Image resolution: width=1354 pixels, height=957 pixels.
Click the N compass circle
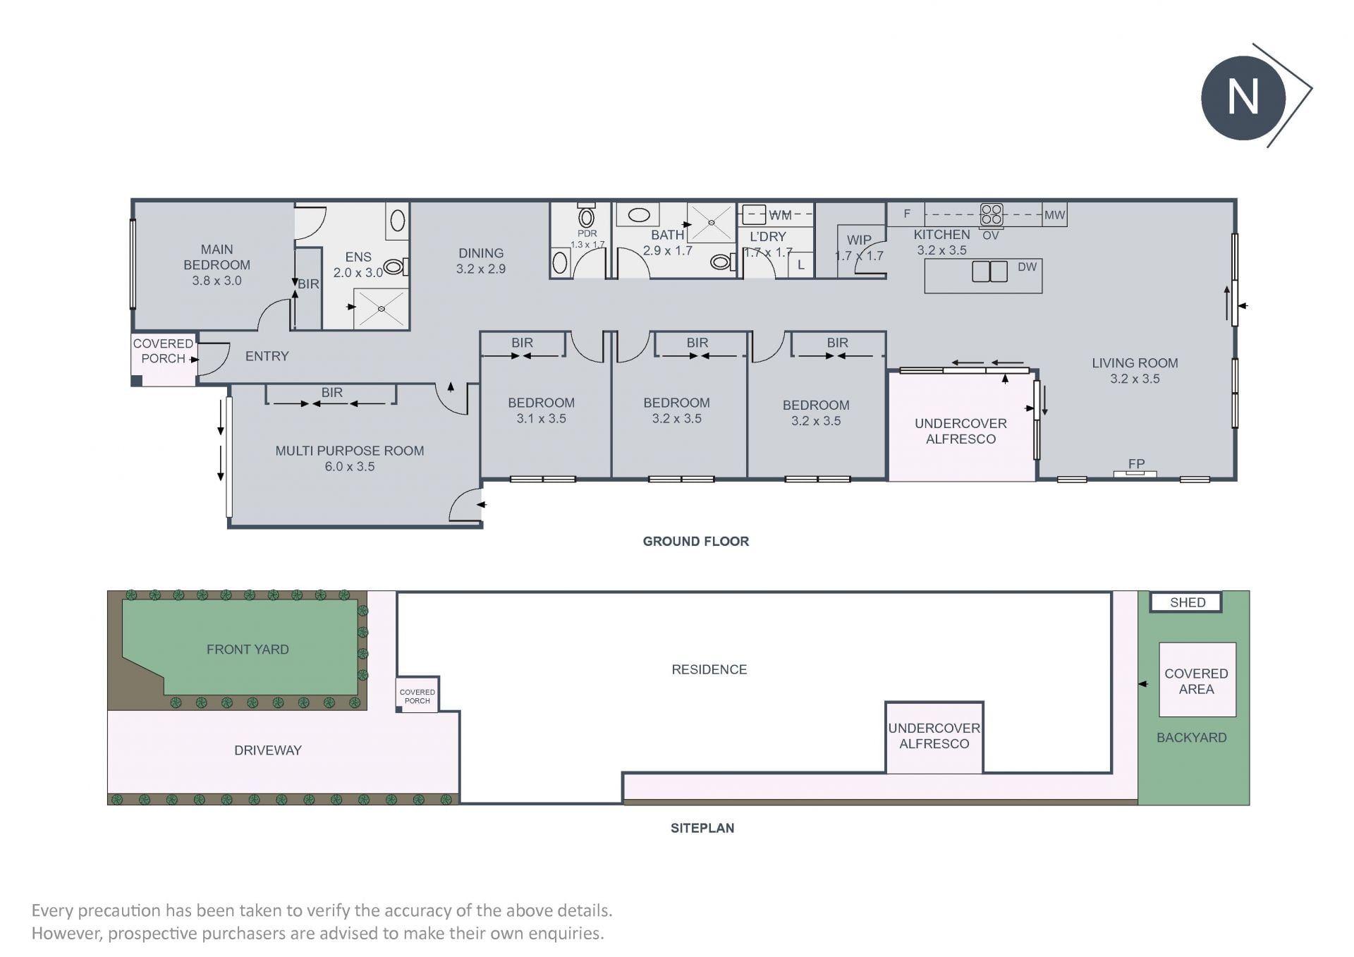1243,97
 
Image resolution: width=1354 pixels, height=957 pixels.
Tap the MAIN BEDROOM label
216,257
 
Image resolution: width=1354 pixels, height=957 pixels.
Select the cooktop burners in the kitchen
992,214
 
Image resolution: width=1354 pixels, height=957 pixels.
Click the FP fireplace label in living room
1136,463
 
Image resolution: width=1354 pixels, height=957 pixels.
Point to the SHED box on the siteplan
1187,602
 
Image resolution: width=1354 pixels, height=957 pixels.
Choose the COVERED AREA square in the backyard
1197,680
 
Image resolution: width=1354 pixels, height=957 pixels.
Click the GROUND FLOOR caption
695,541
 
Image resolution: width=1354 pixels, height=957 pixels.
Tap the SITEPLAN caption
702,828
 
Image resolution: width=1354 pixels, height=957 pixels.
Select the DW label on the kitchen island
1027,267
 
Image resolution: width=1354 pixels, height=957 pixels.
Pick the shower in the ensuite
381,308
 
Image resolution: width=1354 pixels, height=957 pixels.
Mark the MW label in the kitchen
1054,215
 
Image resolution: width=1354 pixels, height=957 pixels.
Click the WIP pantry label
859,240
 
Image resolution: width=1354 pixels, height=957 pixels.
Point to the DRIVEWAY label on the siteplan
268,750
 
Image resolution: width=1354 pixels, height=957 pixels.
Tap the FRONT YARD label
248,650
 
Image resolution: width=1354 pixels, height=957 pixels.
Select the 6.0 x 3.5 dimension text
350,466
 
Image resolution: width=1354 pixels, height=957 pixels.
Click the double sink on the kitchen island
989,272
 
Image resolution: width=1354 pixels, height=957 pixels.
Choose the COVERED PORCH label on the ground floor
163,351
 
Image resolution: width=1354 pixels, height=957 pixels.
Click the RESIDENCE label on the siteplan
709,669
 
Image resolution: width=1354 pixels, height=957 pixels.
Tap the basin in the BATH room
639,214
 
